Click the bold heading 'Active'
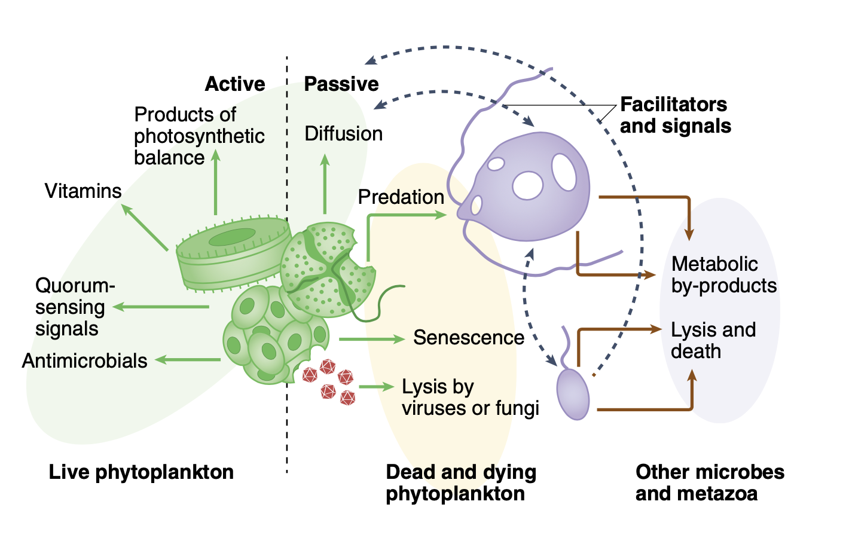click(x=235, y=84)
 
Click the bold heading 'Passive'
click(x=341, y=84)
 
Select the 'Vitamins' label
click(x=83, y=191)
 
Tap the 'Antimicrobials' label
click(x=84, y=361)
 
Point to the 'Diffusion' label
click(x=344, y=134)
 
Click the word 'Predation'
click(x=401, y=197)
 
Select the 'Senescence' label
click(x=469, y=338)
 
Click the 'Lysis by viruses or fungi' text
click(x=470, y=398)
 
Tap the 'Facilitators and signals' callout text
click(x=675, y=115)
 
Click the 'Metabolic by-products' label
click(x=723, y=275)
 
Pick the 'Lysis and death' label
click(x=713, y=341)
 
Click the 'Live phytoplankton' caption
click(x=141, y=472)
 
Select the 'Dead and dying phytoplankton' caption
click(x=461, y=483)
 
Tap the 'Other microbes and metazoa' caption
click(x=710, y=483)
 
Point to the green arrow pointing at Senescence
click(x=371, y=340)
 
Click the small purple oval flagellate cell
click(x=573, y=394)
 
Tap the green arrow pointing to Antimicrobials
click(x=188, y=360)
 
